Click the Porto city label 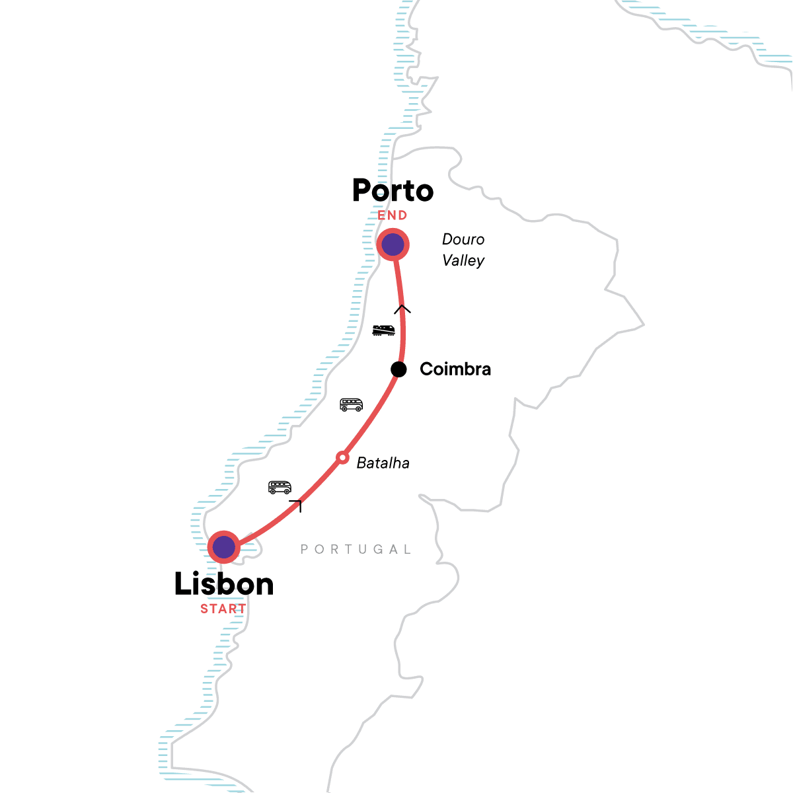pyautogui.click(x=393, y=191)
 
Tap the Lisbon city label pyautogui.click(x=223, y=584)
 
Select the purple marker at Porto pyautogui.click(x=393, y=245)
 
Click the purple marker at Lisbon pyautogui.click(x=224, y=547)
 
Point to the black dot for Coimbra pyautogui.click(x=398, y=369)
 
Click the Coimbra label pyautogui.click(x=455, y=369)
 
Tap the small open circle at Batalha pyautogui.click(x=342, y=457)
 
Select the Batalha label pyautogui.click(x=383, y=463)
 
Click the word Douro pyautogui.click(x=463, y=239)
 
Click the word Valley pyautogui.click(x=463, y=260)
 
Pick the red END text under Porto pyautogui.click(x=393, y=215)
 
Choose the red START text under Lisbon pyautogui.click(x=223, y=609)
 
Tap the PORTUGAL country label pyautogui.click(x=356, y=549)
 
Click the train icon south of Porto pyautogui.click(x=383, y=330)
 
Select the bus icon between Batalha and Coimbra pyautogui.click(x=351, y=404)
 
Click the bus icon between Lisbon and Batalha pyautogui.click(x=280, y=488)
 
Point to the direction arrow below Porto pyautogui.click(x=402, y=309)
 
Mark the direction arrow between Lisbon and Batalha pyautogui.click(x=297, y=506)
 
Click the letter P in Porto pyautogui.click(x=362, y=191)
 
